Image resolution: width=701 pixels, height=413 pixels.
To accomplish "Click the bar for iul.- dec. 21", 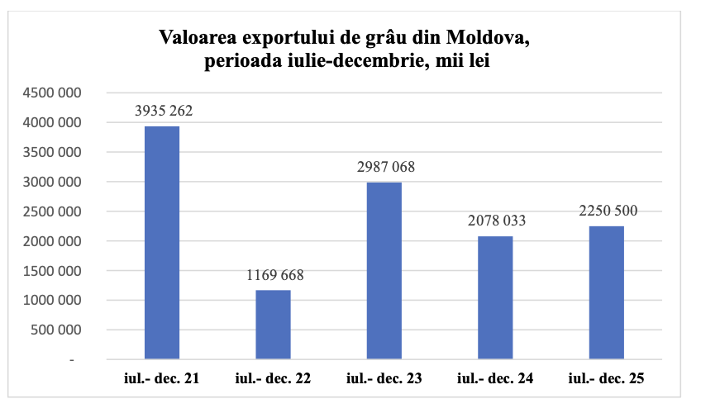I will (162, 243).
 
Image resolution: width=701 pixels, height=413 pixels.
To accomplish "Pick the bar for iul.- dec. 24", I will (495, 298).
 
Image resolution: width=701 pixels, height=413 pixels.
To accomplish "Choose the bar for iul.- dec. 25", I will (606, 292).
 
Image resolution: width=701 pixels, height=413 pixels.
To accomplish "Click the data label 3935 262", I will (163, 111).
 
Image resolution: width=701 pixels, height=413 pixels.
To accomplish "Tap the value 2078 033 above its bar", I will (495, 221).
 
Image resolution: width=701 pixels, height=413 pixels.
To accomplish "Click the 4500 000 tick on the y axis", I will (52, 93).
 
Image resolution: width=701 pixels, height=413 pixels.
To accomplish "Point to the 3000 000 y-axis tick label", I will (52, 183).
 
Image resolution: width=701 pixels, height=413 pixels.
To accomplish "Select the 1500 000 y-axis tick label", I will (52, 271).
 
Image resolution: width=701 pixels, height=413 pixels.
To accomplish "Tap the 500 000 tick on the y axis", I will (57, 330).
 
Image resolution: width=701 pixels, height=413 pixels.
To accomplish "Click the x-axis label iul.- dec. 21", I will (162, 379).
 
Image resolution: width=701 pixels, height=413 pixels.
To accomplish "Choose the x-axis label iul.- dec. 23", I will (384, 379).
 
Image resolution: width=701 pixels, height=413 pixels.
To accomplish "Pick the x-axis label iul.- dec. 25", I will (606, 379).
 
